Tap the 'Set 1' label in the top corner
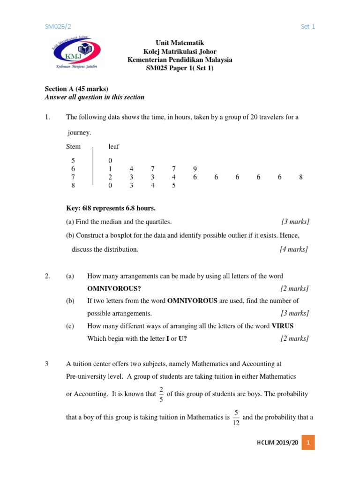pos(307,27)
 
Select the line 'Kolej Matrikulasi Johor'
pos(180,52)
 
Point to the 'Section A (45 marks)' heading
pos(76,89)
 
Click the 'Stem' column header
pos(74,147)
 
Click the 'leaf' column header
pos(114,147)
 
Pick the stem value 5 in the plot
pos(73,161)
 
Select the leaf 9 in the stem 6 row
pos(195,169)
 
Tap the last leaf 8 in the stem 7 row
pos(300,177)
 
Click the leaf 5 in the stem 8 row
pos(173,185)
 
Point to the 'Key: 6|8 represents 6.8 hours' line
pos(111,208)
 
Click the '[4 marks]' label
pos(294,249)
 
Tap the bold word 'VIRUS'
pos(283,326)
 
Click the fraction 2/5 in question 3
pos(161,394)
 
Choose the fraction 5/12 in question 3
pos(236,418)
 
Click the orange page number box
pos(307,442)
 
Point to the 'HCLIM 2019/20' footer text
pos(277,442)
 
